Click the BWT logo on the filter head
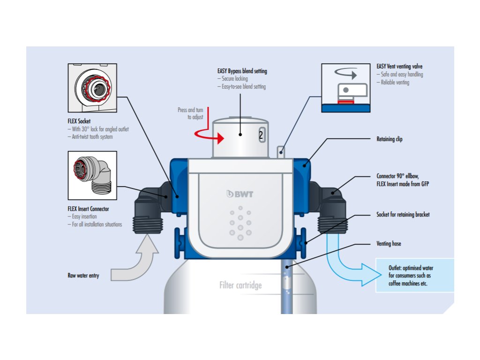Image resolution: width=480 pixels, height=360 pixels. point(240,194)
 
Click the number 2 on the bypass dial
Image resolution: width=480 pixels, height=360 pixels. point(261,135)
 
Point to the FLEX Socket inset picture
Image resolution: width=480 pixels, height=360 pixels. point(92,88)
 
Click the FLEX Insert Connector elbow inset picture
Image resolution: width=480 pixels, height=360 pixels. point(92,175)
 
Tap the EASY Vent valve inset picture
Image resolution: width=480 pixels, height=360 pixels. point(345,88)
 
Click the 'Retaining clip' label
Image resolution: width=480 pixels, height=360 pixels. point(390,139)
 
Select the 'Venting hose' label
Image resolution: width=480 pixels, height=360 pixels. point(389,244)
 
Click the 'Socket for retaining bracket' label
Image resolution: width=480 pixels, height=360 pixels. point(403,215)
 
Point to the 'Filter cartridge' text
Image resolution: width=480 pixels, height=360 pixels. point(240,285)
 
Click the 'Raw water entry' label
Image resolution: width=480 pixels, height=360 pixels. point(83,276)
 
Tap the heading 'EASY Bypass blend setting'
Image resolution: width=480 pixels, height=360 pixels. point(242,71)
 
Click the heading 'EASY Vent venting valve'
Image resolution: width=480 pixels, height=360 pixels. point(399,67)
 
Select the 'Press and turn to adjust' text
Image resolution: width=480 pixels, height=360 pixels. point(190,113)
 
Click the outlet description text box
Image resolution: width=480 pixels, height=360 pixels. point(415,275)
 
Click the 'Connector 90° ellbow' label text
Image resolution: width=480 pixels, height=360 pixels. point(397,176)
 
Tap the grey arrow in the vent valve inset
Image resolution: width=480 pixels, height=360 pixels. point(346,74)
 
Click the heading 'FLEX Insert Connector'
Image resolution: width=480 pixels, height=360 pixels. point(88,209)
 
